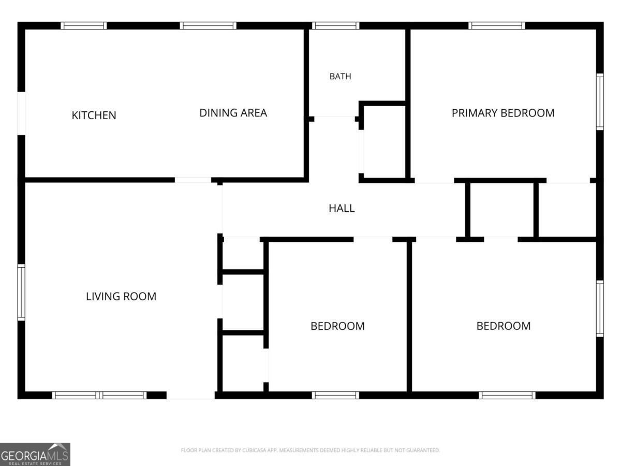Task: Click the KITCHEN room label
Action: tap(94, 115)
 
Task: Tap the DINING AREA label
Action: tap(233, 113)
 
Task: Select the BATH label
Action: tap(341, 76)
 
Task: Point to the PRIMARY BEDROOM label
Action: tap(503, 113)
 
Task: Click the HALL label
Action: tap(342, 209)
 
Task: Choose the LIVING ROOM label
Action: tap(121, 297)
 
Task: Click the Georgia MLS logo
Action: tap(35, 455)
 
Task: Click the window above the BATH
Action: tap(335, 25)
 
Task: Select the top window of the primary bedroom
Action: tap(497, 25)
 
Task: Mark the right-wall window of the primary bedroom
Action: tap(600, 102)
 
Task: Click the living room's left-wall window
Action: tap(21, 293)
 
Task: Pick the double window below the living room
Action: tap(99, 395)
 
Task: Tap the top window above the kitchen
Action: tap(84, 25)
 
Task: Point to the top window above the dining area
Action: tap(208, 25)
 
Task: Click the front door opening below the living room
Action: tap(190, 395)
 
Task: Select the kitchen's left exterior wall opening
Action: tap(21, 113)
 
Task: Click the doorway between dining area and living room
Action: tap(193, 180)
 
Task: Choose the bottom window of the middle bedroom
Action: tap(335, 395)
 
